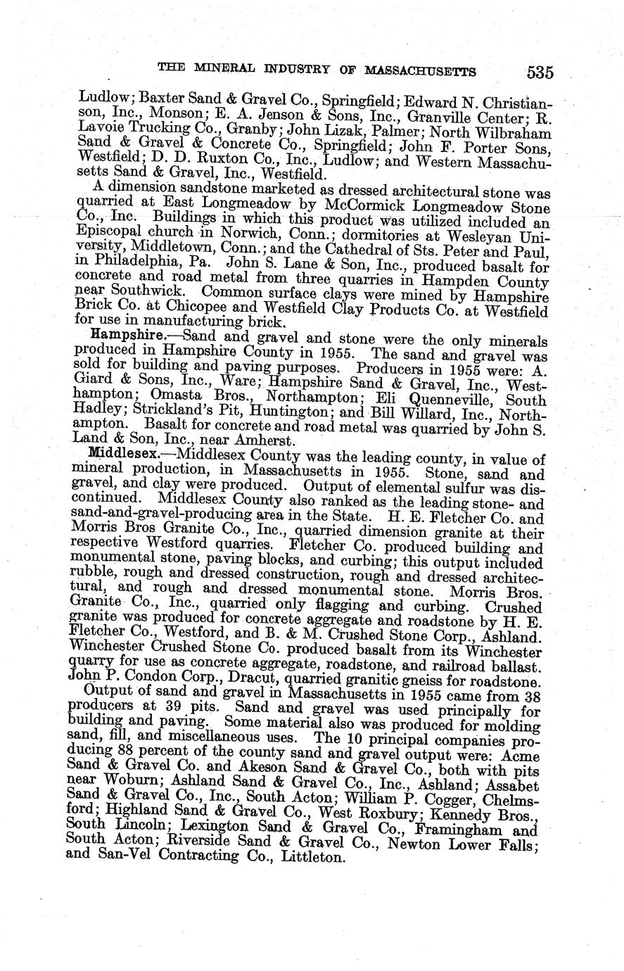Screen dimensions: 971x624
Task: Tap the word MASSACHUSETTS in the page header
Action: coord(419,70)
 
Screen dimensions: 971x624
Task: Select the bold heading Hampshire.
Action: coord(120,337)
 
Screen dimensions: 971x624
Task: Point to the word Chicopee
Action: coord(161,311)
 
